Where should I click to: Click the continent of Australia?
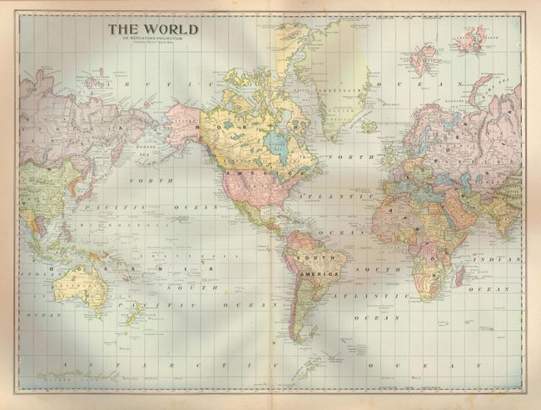(x=79, y=288)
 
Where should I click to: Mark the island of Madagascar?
(x=459, y=274)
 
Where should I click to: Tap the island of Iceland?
(x=368, y=127)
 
